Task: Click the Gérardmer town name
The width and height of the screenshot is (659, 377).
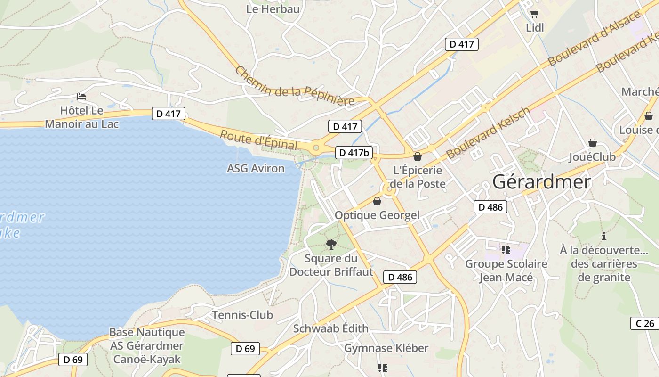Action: pos(541,182)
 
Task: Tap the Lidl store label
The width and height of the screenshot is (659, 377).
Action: pos(535,28)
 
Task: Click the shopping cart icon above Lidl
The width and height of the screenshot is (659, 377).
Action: pos(534,14)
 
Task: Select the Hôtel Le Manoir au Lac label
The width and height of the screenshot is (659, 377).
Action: pos(81,117)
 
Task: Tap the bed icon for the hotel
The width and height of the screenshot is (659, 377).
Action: pos(82,97)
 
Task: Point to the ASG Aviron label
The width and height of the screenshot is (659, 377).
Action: pos(256,168)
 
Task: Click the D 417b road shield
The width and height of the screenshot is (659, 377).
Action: pos(354,153)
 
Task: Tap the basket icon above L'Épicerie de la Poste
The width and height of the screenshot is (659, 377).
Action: pos(418,156)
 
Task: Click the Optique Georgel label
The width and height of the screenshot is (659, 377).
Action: pos(377,215)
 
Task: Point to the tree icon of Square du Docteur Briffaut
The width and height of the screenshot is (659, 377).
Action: pos(331,244)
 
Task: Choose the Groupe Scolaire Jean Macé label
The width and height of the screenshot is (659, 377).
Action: pos(506,270)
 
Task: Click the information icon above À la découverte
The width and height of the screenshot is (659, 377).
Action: pos(604,236)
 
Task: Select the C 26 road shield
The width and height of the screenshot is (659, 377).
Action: pos(644,323)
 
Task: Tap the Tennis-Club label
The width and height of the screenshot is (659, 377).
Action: pos(242,315)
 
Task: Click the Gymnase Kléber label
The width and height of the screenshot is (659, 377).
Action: pos(386,348)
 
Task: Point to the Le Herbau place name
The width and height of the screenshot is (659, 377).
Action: pos(273,9)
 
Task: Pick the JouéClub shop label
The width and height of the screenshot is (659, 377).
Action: pos(592,156)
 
